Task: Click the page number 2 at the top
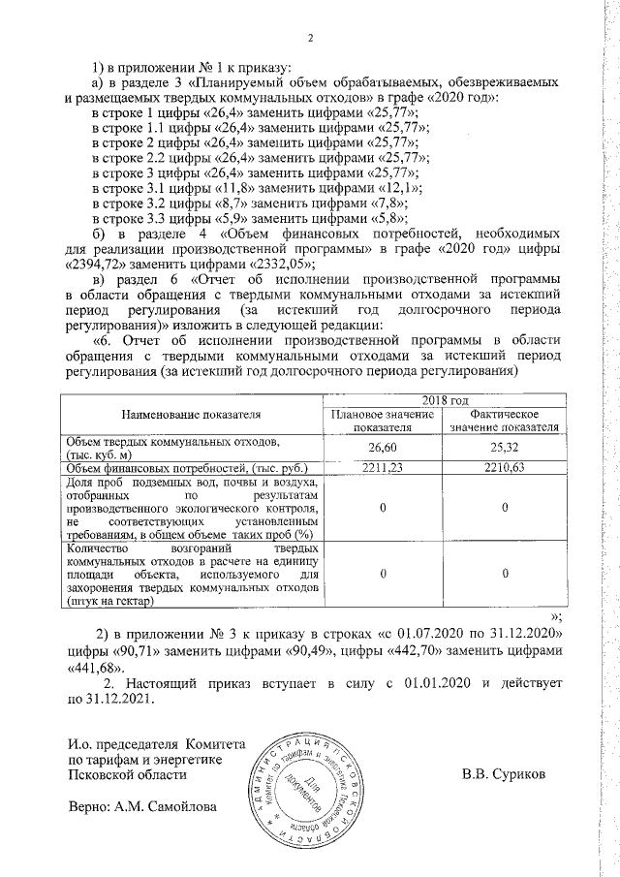tap(311, 39)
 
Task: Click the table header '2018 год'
tap(445, 400)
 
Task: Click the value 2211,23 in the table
tap(384, 469)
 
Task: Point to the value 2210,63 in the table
tap(506, 469)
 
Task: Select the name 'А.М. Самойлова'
tap(166, 806)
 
